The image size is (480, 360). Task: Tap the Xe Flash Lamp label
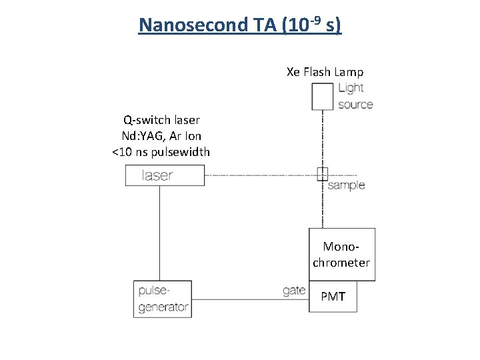click(x=325, y=72)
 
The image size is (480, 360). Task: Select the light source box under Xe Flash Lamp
click(x=323, y=96)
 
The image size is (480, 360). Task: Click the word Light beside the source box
click(x=351, y=88)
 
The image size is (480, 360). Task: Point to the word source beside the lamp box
click(x=355, y=104)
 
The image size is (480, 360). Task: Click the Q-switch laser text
click(x=161, y=120)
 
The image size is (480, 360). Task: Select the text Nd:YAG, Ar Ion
click(x=161, y=136)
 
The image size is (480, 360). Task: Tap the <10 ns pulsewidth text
click(x=161, y=152)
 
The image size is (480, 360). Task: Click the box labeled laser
click(x=165, y=175)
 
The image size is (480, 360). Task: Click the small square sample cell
click(x=323, y=175)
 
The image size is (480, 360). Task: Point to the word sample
click(x=346, y=185)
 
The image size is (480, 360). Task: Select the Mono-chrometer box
click(x=341, y=255)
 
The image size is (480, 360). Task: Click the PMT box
click(x=333, y=297)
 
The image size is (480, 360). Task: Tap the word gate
click(x=293, y=291)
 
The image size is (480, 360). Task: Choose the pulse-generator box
click(x=163, y=299)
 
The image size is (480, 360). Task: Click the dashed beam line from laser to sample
click(x=260, y=175)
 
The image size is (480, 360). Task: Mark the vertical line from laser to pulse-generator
click(x=159, y=233)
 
